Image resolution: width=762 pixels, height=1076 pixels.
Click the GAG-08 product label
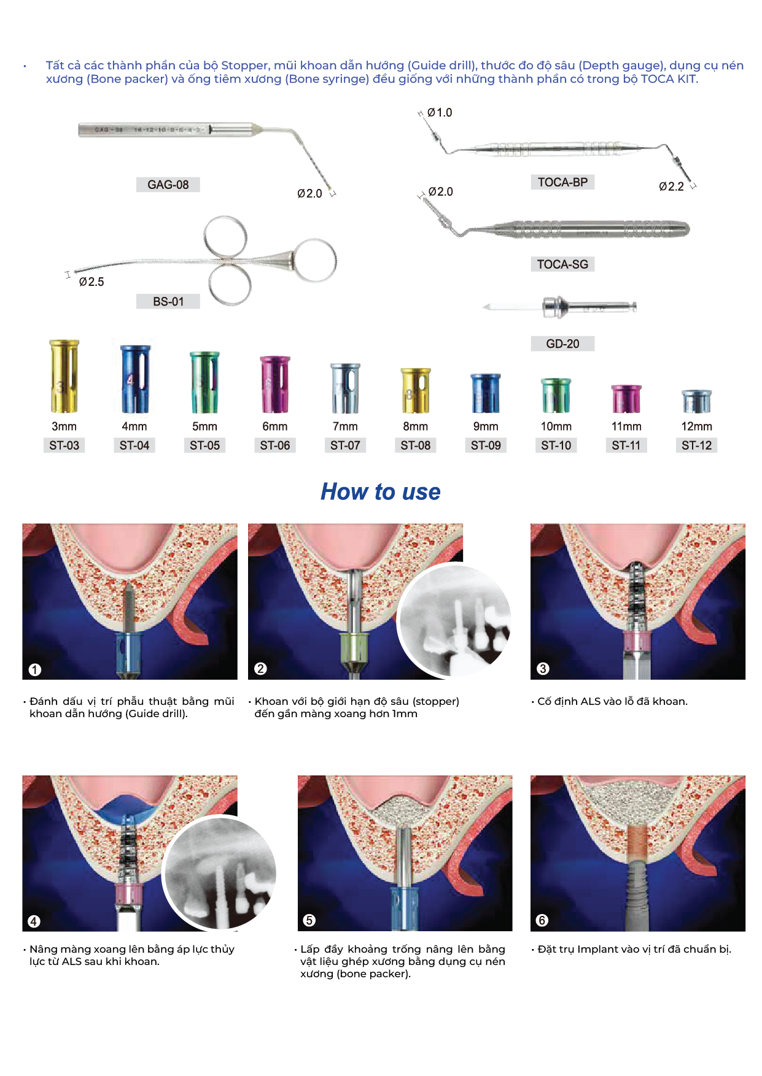(168, 185)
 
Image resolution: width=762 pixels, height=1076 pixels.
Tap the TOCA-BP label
(562, 182)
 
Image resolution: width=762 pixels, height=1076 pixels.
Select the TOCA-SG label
(562, 264)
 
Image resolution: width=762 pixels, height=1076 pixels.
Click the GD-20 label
(562, 344)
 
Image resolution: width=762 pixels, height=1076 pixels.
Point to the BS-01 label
(168, 302)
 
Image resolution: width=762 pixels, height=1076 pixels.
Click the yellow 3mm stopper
(64, 376)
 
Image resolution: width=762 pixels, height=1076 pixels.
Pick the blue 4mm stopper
(134, 379)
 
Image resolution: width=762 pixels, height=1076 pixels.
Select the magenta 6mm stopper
(274, 385)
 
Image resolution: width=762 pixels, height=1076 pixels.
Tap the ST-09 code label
(486, 446)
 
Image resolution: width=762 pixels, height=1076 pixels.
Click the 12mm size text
(696, 426)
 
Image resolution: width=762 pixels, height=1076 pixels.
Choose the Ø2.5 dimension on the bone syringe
(91, 282)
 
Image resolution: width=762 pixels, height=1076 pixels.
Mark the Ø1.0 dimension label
(440, 113)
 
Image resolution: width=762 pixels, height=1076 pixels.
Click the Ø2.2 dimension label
(671, 187)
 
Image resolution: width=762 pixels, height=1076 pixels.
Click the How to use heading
(381, 492)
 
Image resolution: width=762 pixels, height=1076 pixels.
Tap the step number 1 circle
(35, 669)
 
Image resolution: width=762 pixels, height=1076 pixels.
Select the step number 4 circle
(34, 921)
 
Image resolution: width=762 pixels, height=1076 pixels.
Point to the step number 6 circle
(542, 920)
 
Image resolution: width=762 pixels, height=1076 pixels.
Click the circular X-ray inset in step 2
(454, 620)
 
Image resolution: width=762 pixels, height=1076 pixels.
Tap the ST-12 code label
(696, 446)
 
